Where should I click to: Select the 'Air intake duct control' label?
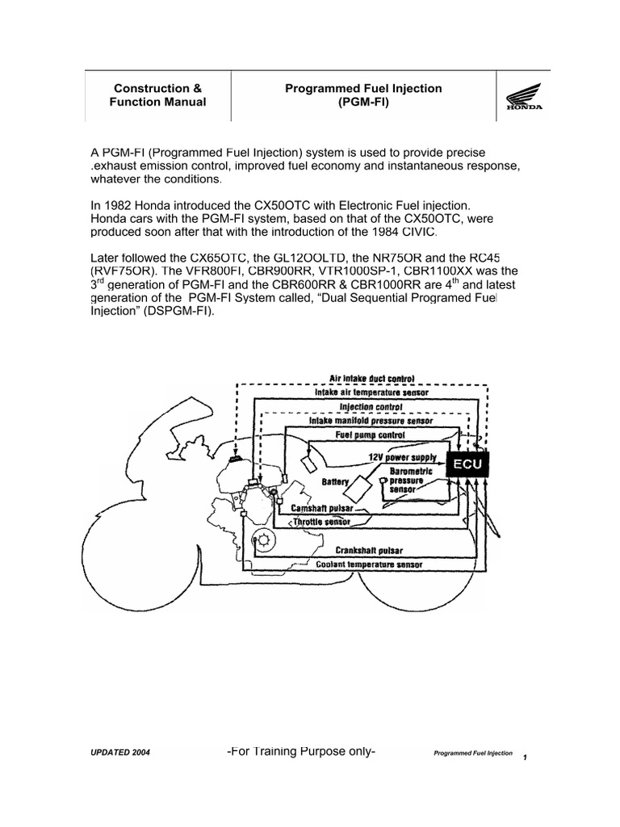372,377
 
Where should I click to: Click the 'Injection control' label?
371,406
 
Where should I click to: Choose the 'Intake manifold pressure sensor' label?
371,421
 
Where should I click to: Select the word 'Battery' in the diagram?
336,482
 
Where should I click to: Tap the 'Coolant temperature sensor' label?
371,565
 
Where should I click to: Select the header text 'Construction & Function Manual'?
157,95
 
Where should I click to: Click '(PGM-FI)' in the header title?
363,103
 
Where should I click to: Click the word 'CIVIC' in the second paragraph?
417,233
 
